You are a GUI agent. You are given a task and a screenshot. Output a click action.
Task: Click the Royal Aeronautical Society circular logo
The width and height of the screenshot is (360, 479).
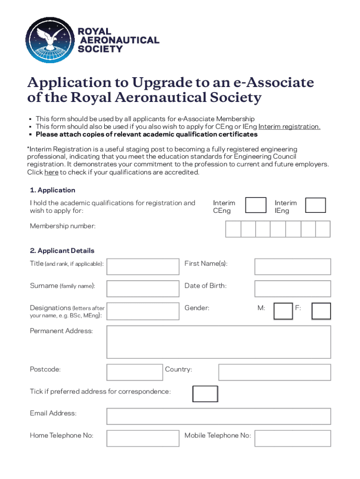point(49,41)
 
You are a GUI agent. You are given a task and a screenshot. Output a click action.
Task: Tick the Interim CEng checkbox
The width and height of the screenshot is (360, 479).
point(256,205)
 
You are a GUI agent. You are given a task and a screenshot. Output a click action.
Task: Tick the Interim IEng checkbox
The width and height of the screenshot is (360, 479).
point(315,205)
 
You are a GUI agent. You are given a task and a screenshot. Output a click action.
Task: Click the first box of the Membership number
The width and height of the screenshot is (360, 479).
point(233,229)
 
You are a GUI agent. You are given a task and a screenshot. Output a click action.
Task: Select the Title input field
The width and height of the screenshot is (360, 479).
point(143,266)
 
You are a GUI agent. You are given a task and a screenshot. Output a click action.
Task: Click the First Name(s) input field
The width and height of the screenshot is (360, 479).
point(292,266)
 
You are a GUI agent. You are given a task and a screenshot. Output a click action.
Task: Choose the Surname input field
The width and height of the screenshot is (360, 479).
point(143,288)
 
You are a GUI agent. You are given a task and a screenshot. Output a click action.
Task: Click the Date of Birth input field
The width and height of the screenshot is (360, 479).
point(292,288)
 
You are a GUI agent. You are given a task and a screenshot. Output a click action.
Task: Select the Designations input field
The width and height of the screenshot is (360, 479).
point(143,311)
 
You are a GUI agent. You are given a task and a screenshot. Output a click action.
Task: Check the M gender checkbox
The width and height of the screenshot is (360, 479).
point(283,311)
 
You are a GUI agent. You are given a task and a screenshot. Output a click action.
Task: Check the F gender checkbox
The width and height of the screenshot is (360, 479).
point(321,311)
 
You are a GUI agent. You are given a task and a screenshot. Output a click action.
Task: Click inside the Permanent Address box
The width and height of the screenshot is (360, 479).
point(218,341)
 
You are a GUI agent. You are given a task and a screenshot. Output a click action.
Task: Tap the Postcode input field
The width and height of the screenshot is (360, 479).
point(135,372)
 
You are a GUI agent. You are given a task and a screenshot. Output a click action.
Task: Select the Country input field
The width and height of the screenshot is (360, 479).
point(274,372)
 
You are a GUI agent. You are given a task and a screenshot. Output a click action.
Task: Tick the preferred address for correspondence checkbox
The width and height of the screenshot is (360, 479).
point(205,394)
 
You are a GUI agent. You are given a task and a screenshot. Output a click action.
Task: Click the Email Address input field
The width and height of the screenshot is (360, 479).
point(218,416)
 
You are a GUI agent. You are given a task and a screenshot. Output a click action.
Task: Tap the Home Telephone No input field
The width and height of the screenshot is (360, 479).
point(143,438)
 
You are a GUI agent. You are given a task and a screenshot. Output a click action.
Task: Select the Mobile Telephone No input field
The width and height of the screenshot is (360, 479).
point(292,438)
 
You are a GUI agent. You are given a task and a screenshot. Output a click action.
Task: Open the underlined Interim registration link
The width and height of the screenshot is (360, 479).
point(289,127)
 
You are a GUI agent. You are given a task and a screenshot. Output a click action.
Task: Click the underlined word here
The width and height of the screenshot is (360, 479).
point(51,172)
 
